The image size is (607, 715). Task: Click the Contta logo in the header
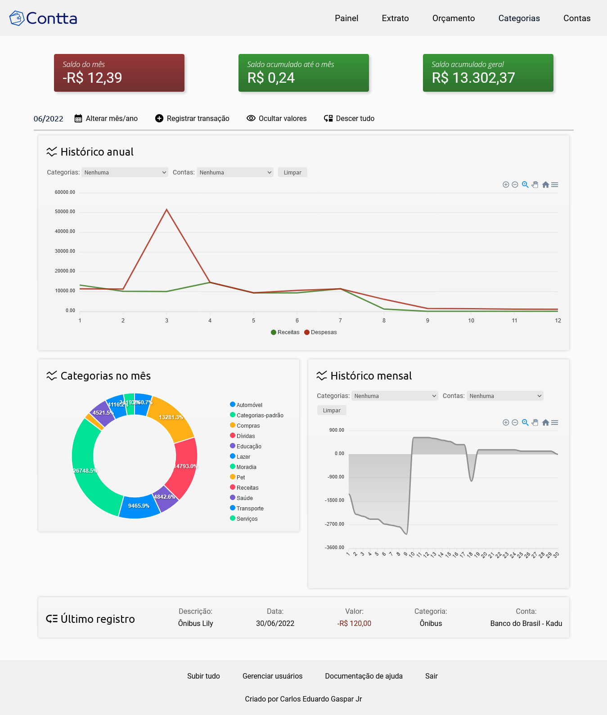point(43,18)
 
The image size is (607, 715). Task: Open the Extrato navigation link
point(395,18)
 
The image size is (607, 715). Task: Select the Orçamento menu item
point(453,18)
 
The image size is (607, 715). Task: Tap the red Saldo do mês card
point(119,73)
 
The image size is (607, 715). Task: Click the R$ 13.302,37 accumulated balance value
point(473,78)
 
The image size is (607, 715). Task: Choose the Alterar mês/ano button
point(106,119)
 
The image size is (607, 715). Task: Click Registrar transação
point(192,119)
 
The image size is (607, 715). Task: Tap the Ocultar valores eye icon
point(251,118)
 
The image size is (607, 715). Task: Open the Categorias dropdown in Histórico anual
point(125,172)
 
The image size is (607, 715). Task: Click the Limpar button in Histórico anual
point(292,172)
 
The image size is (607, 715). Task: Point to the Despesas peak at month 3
point(166,210)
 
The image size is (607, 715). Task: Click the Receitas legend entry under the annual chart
point(285,332)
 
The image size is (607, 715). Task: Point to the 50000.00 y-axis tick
point(65,212)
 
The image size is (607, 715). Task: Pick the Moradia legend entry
point(246,467)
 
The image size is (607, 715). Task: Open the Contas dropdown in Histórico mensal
point(505,396)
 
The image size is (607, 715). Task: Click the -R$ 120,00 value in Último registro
point(354,623)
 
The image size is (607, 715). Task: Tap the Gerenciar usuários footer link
point(272,676)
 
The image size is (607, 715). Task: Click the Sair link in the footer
point(431,676)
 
